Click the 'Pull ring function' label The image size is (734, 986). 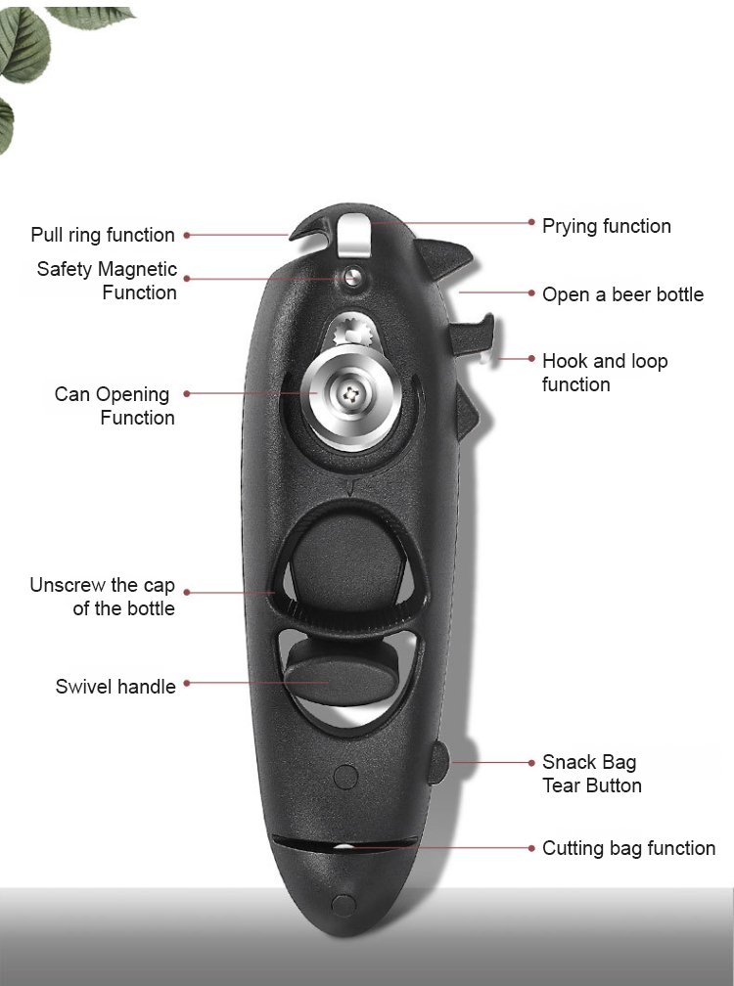pos(103,235)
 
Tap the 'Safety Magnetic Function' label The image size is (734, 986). pos(108,281)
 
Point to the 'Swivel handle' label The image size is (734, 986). pos(115,687)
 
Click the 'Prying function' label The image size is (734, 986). pos(607,226)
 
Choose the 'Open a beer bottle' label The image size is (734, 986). pos(622,294)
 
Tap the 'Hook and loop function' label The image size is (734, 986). pos(605,373)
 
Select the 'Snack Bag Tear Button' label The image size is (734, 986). pos(592,774)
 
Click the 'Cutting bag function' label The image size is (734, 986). pos(628,848)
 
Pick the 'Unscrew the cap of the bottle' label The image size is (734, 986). pos(103,597)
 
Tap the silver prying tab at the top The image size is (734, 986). pos(351,233)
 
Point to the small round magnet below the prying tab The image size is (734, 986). pos(349,276)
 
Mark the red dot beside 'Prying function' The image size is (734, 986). pos(530,223)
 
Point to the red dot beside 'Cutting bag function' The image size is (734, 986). pos(530,847)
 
